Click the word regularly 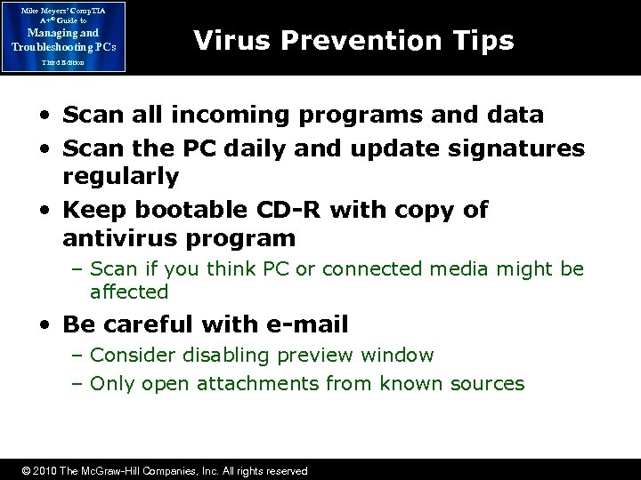coord(121,176)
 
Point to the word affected coord(129,292)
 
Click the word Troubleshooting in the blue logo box coord(60,46)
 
